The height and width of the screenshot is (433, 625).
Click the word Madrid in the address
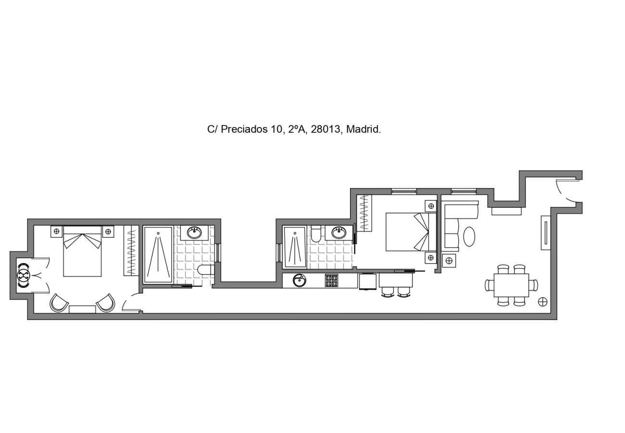363,129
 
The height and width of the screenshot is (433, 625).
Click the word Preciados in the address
244,129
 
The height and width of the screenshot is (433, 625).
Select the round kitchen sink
300,280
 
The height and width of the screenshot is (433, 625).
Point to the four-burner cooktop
331,280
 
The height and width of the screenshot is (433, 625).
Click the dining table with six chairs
511,285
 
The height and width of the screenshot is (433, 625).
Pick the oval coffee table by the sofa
469,236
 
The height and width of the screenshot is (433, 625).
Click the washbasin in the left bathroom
194,232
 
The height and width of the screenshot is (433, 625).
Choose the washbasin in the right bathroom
339,233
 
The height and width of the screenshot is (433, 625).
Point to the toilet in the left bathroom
206,269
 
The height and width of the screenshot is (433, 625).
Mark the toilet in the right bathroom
316,234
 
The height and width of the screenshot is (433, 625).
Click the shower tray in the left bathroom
158,255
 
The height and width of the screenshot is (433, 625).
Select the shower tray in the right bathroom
294,247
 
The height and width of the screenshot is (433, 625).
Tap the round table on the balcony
24,276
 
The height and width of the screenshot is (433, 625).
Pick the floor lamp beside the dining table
542,302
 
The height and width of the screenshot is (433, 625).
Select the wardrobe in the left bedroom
130,250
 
